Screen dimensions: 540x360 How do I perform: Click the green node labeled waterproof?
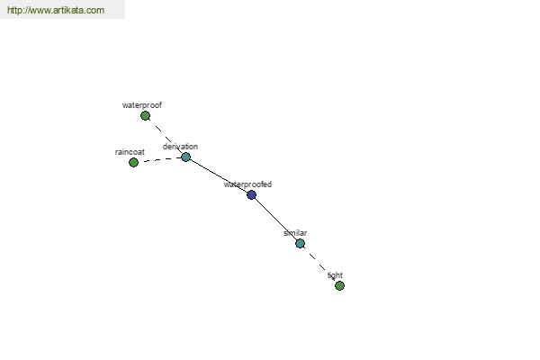coord(145,116)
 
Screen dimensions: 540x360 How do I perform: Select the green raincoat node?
coord(133,162)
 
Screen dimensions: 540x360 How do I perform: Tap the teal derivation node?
coord(185,157)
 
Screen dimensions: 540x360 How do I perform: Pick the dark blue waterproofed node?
coord(252,195)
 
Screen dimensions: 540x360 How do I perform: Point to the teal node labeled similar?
coord(300,244)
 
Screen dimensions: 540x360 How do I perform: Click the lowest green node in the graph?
coord(339,285)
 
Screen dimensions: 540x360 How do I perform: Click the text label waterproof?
coord(142,105)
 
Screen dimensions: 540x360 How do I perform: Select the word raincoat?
coord(130,152)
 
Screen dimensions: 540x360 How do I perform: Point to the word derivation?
coord(181,147)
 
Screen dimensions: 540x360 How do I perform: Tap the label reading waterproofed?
coord(248,184)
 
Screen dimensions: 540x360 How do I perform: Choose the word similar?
coord(295,233)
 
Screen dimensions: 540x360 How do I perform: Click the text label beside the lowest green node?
coord(335,275)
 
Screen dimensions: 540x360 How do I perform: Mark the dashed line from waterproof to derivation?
coord(166,137)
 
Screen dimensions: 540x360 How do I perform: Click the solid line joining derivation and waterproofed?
coord(219,176)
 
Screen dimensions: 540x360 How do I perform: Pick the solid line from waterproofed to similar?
coord(276,220)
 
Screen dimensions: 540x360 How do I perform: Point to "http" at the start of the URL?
coord(13,10)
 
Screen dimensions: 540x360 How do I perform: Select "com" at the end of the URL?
coord(97,10)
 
